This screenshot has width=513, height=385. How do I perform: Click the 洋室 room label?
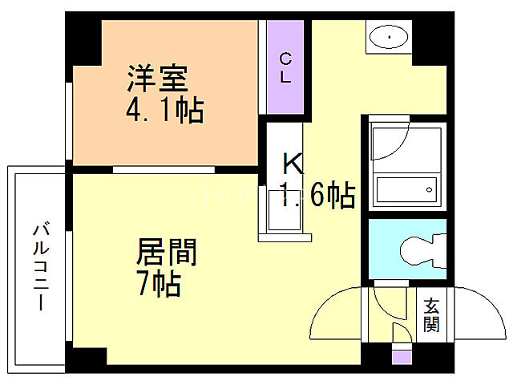click(157, 79)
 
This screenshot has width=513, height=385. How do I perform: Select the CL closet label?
click(285, 68)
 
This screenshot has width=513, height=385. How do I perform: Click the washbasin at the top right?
click(388, 36)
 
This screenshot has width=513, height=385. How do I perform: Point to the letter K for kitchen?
click(292, 165)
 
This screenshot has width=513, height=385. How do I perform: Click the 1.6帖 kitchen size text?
click(317, 195)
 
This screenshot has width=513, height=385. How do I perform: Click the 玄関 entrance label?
click(432, 315)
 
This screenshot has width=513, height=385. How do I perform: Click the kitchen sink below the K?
click(281, 212)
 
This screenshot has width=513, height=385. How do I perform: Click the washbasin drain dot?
click(389, 37)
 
